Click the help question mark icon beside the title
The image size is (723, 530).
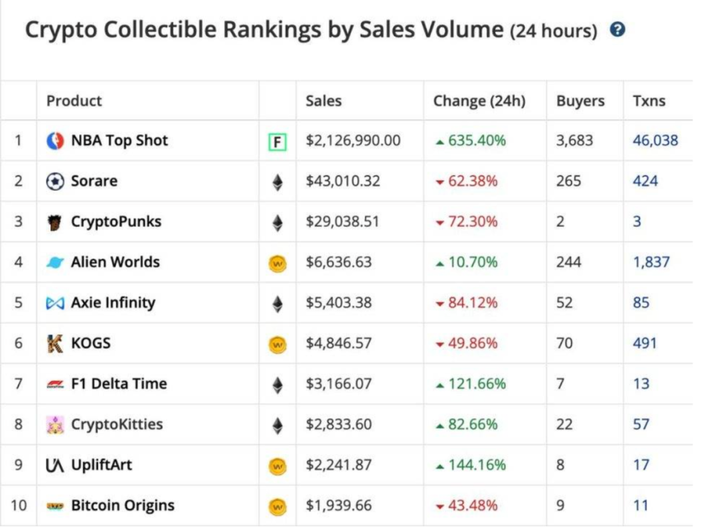(x=618, y=30)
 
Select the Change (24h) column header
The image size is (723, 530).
(x=479, y=101)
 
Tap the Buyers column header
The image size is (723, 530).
(x=580, y=101)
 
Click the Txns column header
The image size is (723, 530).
(x=649, y=101)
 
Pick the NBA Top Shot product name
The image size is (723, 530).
(x=119, y=141)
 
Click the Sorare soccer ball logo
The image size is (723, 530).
(x=55, y=181)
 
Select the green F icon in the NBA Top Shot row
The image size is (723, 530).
(x=277, y=142)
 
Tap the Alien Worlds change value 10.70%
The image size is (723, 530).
(x=473, y=262)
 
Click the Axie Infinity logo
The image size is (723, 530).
(x=55, y=303)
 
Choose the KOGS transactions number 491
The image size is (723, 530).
(x=645, y=343)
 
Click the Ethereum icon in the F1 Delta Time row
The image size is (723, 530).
(x=277, y=385)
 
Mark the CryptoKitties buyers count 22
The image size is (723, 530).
(x=564, y=424)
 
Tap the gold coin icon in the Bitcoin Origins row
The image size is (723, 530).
(x=277, y=507)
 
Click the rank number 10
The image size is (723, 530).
(x=19, y=505)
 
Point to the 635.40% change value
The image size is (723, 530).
(x=477, y=141)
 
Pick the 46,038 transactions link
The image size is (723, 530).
(x=655, y=141)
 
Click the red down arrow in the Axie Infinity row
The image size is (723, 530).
(x=440, y=304)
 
